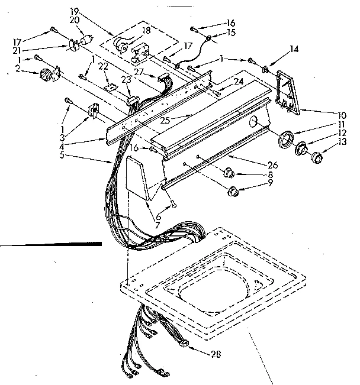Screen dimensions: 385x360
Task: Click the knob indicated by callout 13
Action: point(319,157)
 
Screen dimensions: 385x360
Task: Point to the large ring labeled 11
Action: point(286,140)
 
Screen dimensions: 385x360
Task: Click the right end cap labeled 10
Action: point(287,92)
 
